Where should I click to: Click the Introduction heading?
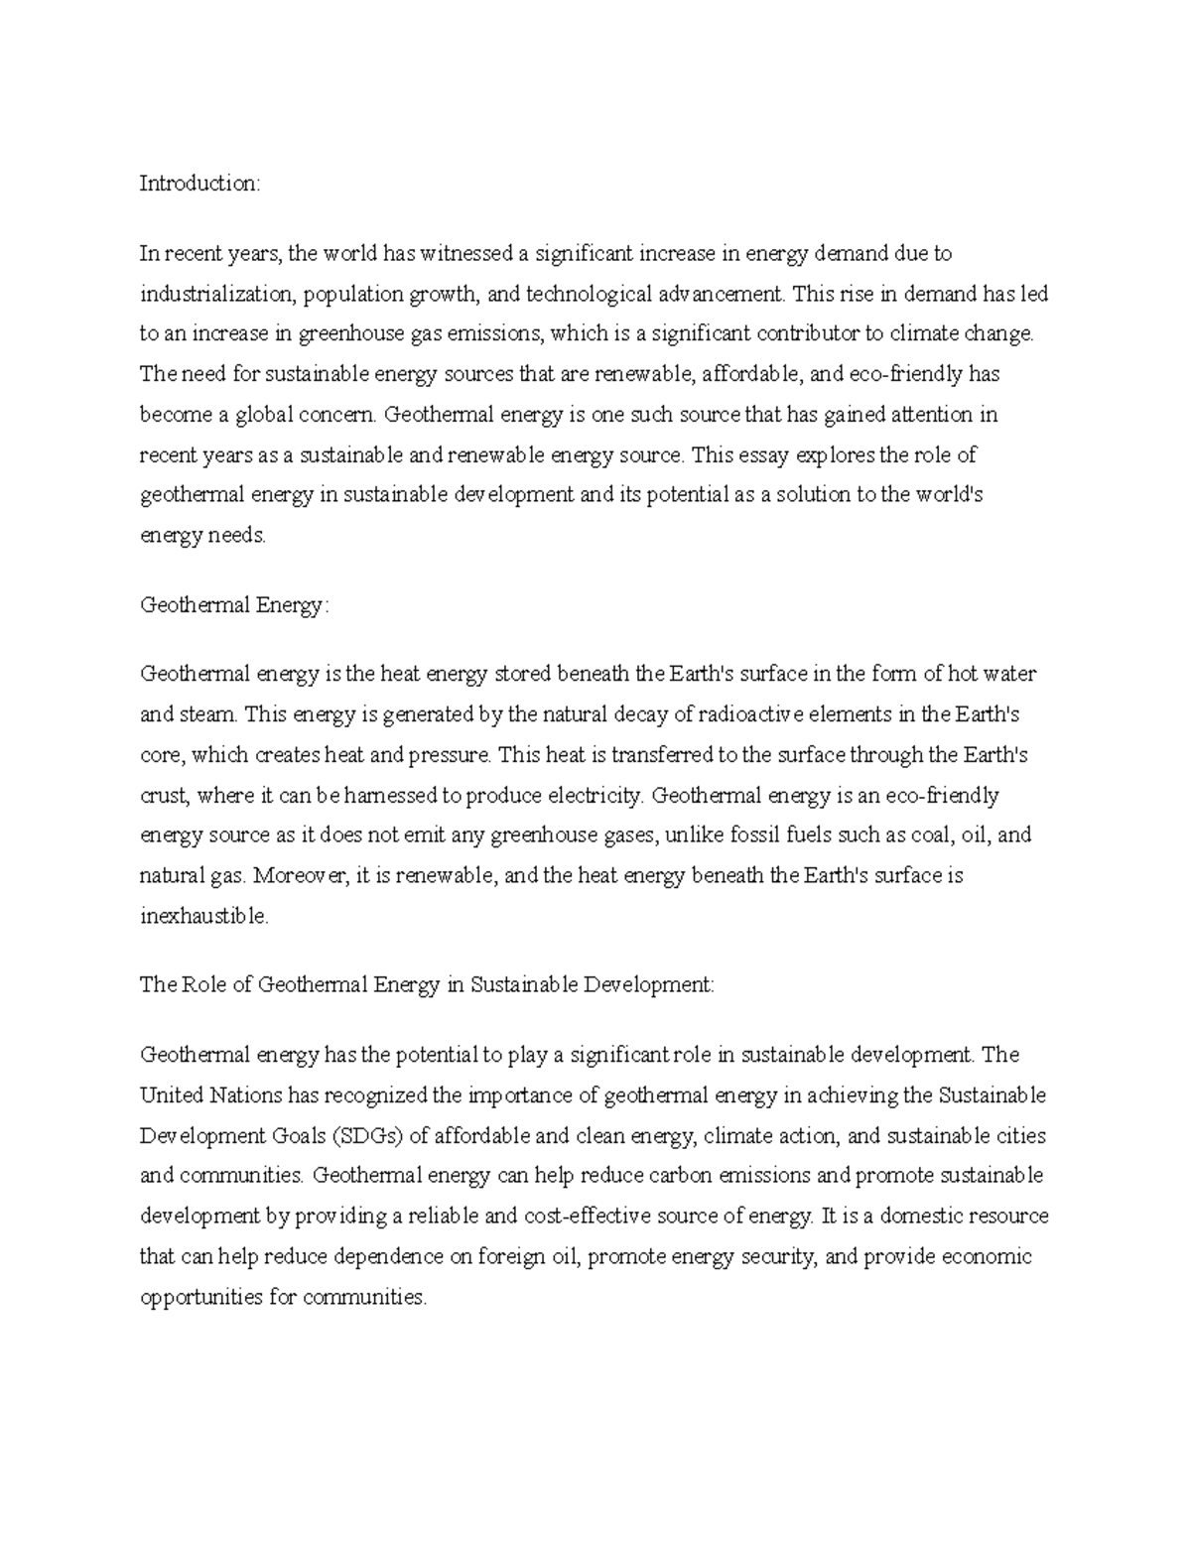pos(198,184)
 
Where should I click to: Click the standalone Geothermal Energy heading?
pos(232,605)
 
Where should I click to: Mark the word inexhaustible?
pos(203,917)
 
